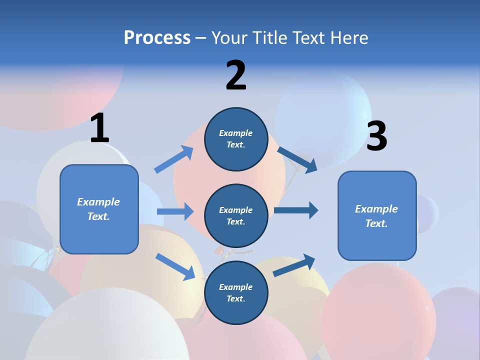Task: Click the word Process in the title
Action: [157, 38]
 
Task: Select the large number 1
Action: [99, 128]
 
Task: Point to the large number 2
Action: [236, 75]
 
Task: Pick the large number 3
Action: [376, 136]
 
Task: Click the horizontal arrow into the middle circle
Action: [175, 211]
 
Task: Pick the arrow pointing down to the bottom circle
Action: [175, 266]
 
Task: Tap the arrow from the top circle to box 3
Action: [297, 159]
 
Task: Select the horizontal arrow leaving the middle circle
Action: [296, 210]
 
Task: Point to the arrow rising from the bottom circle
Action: [294, 265]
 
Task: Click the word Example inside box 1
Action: [98, 202]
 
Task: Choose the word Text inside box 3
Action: [376, 223]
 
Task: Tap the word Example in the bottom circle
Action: [236, 287]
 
